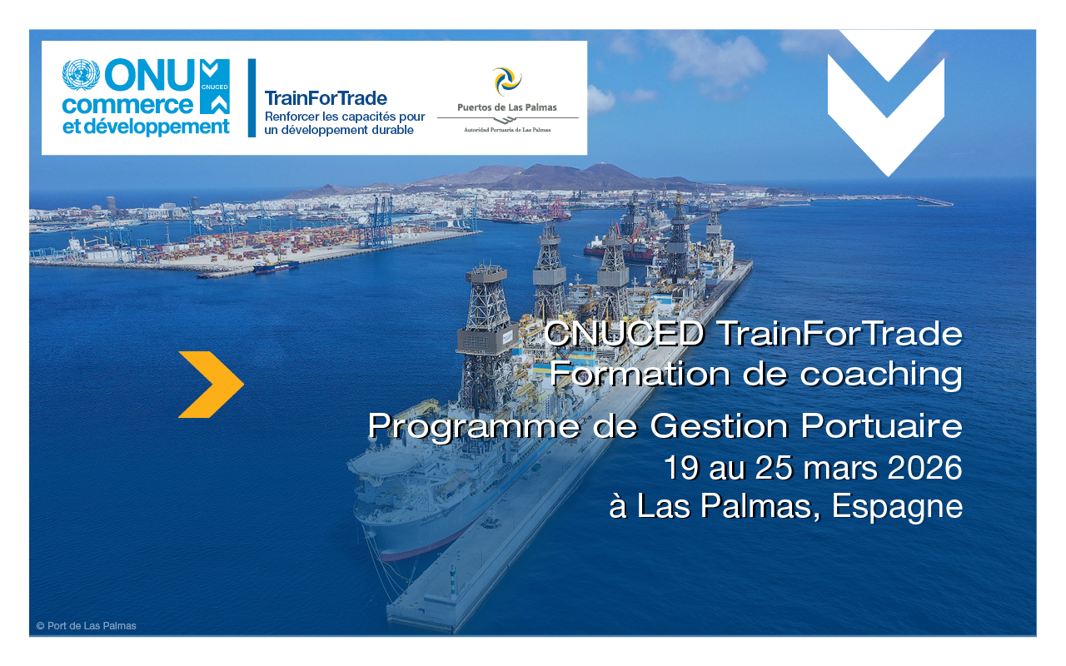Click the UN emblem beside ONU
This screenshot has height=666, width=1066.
pyautogui.click(x=81, y=75)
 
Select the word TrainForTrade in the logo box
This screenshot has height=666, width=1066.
pyautogui.click(x=326, y=98)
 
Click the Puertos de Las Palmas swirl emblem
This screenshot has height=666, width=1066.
pyautogui.click(x=507, y=82)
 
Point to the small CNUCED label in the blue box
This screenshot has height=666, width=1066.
pyautogui.click(x=215, y=87)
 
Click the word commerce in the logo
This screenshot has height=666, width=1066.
pyautogui.click(x=127, y=105)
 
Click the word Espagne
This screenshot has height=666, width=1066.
pyautogui.click(x=897, y=507)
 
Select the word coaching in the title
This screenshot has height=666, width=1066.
pyautogui.click(x=881, y=375)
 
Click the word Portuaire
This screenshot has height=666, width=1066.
pyautogui.click(x=881, y=425)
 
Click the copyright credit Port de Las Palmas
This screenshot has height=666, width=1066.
pyautogui.click(x=86, y=626)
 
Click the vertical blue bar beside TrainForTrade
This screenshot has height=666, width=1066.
pyautogui.click(x=252, y=98)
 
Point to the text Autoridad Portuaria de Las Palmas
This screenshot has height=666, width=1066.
pyautogui.click(x=507, y=130)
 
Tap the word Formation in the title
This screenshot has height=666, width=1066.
pyautogui.click(x=640, y=374)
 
